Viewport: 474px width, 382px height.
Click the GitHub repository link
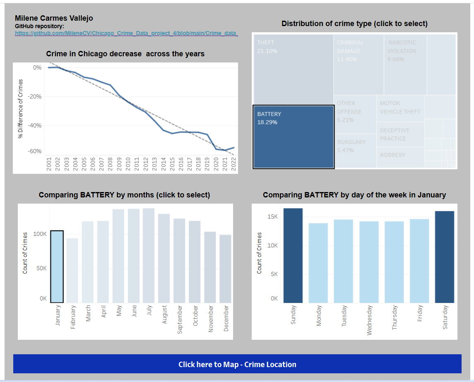click(x=126, y=33)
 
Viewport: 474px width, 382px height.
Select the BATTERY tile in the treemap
click(x=293, y=137)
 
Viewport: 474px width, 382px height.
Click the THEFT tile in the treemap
click(x=293, y=69)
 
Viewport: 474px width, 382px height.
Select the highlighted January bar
click(x=57, y=267)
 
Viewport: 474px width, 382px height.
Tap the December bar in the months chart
click(x=226, y=269)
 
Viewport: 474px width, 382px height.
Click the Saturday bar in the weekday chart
click(x=445, y=257)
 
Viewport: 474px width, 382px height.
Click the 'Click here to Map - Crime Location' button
click(x=237, y=364)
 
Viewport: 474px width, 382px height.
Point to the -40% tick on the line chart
click(x=35, y=125)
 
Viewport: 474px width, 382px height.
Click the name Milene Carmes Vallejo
click(x=54, y=18)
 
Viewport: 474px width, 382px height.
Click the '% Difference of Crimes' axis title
click(x=20, y=109)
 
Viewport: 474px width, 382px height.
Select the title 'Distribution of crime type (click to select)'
click(x=354, y=24)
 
